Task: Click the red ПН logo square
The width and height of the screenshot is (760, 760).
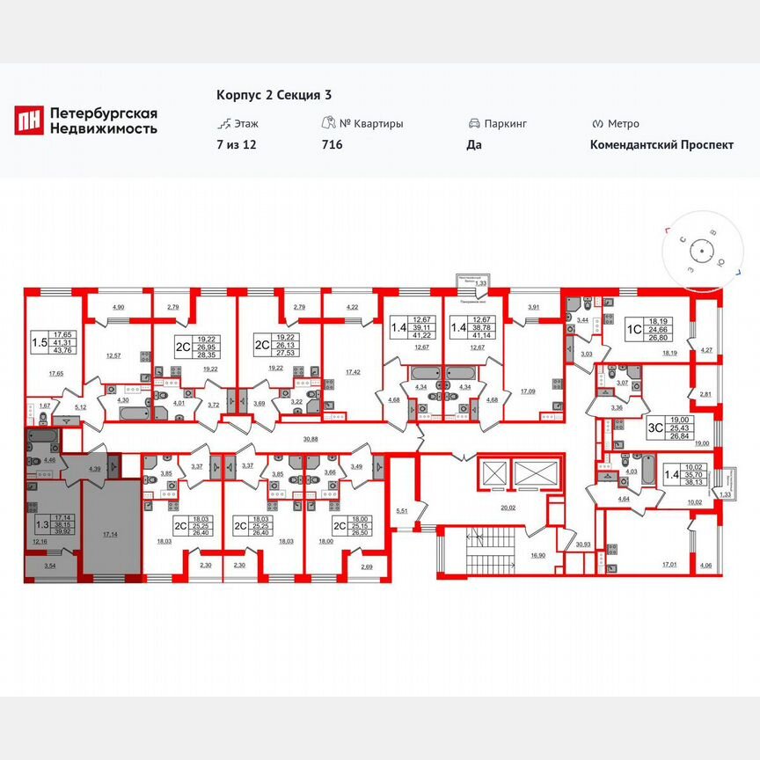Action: click(x=29, y=121)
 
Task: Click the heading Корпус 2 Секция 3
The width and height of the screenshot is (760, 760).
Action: click(x=274, y=95)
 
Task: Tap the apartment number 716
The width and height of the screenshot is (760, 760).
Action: click(x=332, y=145)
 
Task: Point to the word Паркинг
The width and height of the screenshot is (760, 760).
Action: click(x=506, y=124)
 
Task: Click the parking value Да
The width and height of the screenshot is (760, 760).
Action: click(x=474, y=145)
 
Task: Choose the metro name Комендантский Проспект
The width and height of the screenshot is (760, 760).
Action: click(x=661, y=145)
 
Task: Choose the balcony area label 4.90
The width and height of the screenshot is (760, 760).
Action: click(x=118, y=306)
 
